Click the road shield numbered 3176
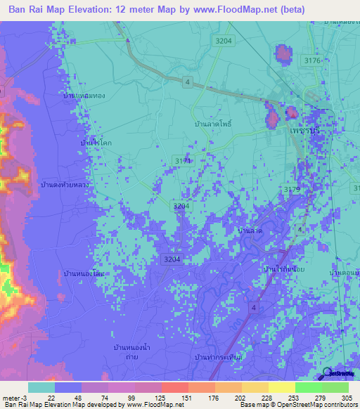click(x=311, y=61)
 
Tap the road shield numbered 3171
click(x=183, y=161)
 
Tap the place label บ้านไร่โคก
click(x=96, y=143)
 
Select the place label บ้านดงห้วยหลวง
click(x=68, y=185)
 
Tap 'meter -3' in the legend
click(x=15, y=398)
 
